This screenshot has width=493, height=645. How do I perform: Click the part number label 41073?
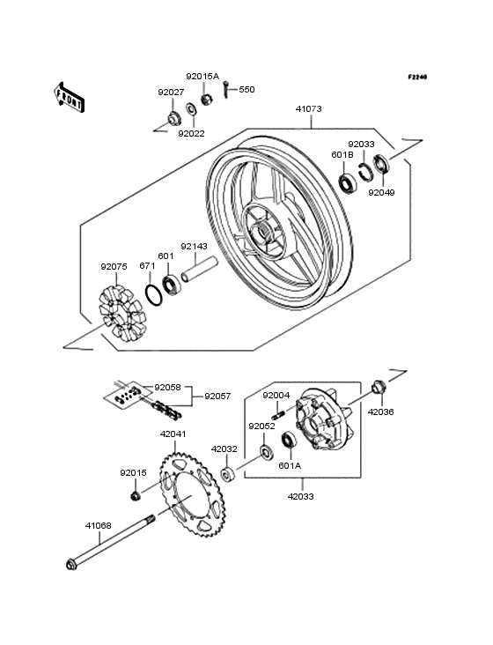[308, 110]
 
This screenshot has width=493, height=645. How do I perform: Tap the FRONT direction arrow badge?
[70, 96]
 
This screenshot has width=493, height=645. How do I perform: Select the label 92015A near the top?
[202, 77]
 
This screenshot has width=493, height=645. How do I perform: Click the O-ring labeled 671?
[153, 293]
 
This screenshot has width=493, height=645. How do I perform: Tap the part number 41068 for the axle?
[98, 526]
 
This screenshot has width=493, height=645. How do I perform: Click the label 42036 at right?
[380, 411]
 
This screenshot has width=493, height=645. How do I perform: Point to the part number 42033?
[301, 496]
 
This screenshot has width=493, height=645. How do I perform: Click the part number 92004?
[276, 396]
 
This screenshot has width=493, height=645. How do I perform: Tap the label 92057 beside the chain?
[219, 397]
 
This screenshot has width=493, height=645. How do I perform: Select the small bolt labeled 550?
[226, 86]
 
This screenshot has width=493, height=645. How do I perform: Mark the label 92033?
[361, 144]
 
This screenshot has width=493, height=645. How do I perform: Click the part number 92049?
[381, 191]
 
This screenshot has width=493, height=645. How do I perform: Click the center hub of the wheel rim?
[261, 233]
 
